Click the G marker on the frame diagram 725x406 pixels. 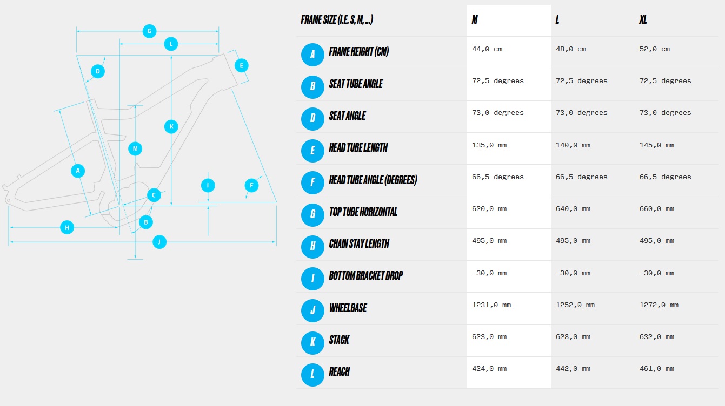(150, 31)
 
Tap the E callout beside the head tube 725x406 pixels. (242, 66)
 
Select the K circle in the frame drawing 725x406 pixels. (171, 127)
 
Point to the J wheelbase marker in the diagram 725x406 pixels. (159, 242)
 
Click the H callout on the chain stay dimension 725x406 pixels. (67, 227)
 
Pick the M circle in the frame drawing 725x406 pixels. (135, 148)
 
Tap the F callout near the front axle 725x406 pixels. (252, 186)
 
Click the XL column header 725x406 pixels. (643, 20)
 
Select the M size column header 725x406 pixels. (475, 20)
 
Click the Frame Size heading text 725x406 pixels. (337, 20)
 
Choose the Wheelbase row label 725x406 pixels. (348, 308)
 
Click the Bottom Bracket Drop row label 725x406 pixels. (365, 276)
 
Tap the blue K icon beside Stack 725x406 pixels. (312, 343)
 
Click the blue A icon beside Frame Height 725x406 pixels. (312, 55)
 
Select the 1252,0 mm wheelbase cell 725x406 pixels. (575, 305)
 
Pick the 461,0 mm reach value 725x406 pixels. (657, 369)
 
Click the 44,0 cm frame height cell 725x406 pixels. (487, 49)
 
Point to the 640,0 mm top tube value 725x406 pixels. (573, 209)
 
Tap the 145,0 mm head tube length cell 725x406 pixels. (657, 145)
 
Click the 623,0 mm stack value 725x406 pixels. (489, 337)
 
